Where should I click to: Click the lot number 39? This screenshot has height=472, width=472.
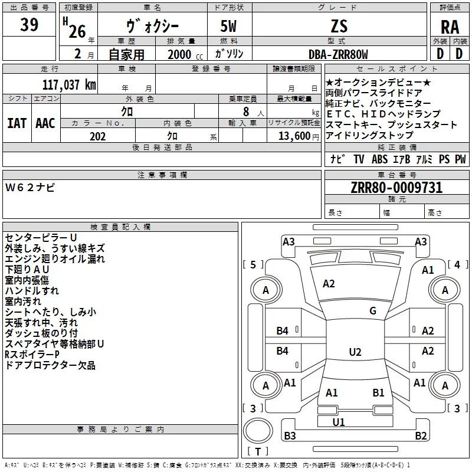pyautogui.click(x=29, y=25)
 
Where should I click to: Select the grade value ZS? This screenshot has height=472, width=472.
pyautogui.click(x=339, y=27)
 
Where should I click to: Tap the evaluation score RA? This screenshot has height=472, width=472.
pyautogui.click(x=450, y=27)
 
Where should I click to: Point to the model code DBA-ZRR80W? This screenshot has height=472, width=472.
pyautogui.click(x=338, y=54)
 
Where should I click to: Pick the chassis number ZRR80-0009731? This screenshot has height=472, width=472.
pyautogui.click(x=396, y=188)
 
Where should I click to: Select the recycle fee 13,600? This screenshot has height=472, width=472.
pyautogui.click(x=293, y=136)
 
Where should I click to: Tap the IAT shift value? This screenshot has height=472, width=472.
pyautogui.click(x=17, y=123)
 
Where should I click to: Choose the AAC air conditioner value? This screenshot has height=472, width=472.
pyautogui.click(x=45, y=123)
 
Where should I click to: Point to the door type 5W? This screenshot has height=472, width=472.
pyautogui.click(x=230, y=27)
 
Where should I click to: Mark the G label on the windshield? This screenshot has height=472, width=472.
pyautogui.click(x=373, y=311)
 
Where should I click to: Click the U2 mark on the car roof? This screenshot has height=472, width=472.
pyautogui.click(x=355, y=352)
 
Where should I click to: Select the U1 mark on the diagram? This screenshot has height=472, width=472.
pyautogui.click(x=339, y=422)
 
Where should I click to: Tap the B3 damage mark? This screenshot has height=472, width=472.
pyautogui.click(x=290, y=436)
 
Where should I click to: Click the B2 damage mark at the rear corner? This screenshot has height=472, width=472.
pyautogui.click(x=421, y=436)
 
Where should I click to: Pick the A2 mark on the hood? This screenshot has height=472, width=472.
pyautogui.click(x=329, y=284)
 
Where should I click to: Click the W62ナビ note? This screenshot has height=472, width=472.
pyautogui.click(x=31, y=188)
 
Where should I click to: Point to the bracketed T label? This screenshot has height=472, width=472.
pyautogui.click(x=257, y=452)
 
